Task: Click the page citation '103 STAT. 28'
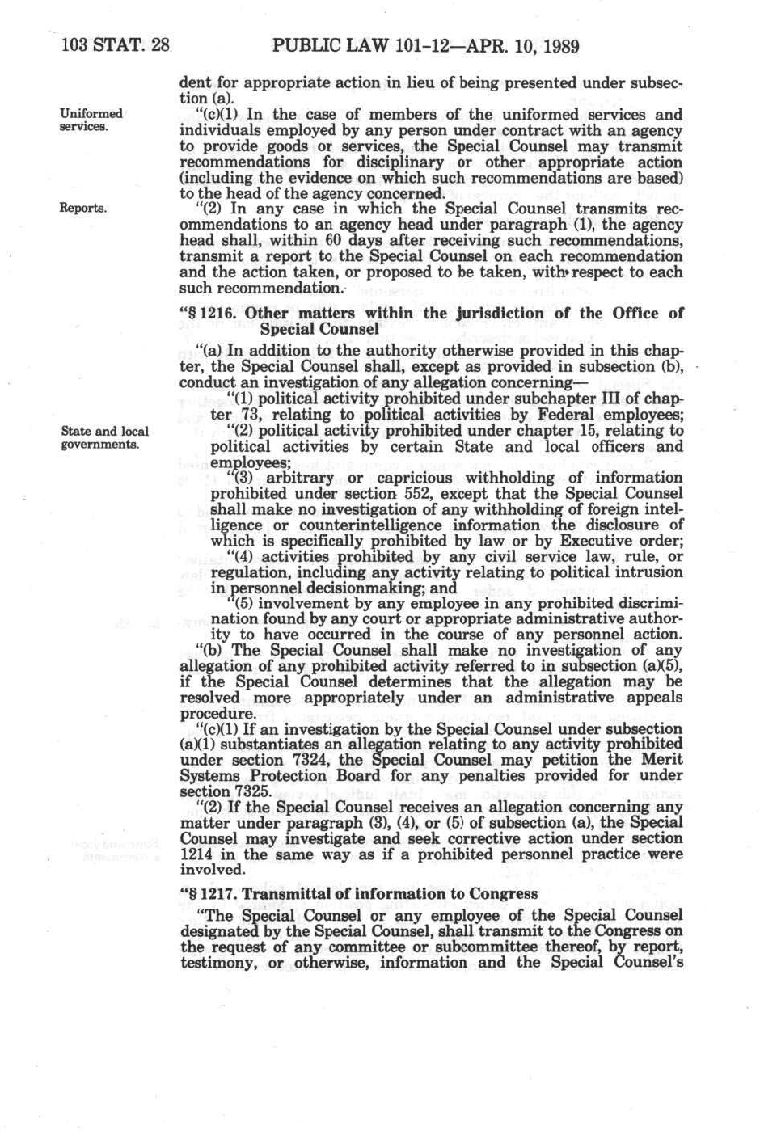(x=114, y=46)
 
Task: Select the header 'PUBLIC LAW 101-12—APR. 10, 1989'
(x=426, y=46)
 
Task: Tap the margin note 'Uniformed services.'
(x=91, y=120)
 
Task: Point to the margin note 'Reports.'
(x=84, y=208)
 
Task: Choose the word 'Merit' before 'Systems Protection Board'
(x=661, y=760)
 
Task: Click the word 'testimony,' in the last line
(x=214, y=963)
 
